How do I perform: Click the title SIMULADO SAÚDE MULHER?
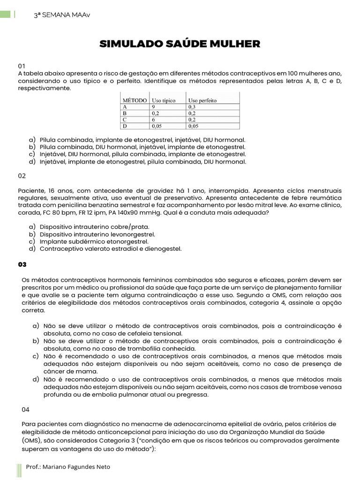180,44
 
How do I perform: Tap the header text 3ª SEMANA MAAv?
62,15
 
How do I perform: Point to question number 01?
22,66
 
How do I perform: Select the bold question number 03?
22,264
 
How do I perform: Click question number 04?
26,409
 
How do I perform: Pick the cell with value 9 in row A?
154,107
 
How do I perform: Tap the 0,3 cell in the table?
193,107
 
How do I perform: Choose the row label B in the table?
125,113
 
